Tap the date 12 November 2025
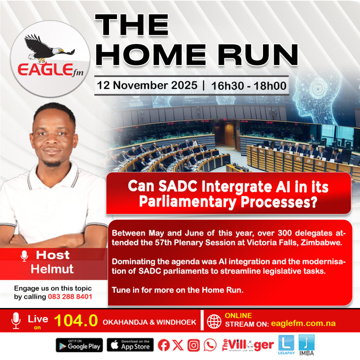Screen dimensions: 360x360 (147, 85)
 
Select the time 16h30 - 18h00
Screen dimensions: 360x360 (249, 86)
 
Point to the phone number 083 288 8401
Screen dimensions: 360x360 (70, 297)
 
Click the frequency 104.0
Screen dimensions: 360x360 (76, 320)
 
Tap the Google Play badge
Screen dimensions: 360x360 (79, 345)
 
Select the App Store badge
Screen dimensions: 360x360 (130, 345)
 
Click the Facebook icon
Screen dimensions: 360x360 (164, 345)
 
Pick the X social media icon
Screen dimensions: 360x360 (178, 345)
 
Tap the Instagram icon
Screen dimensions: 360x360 (194, 345)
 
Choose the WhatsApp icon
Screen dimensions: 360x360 (210, 345)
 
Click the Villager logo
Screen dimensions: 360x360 (248, 345)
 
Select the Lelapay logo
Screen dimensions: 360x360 (286, 345)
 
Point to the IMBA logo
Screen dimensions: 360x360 (307, 345)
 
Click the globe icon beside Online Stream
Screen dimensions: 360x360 (214, 321)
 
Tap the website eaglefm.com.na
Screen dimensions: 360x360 (303, 323)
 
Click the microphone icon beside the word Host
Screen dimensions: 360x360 (24, 256)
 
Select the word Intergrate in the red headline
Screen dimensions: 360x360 (237, 187)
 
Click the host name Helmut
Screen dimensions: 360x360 (52, 269)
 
